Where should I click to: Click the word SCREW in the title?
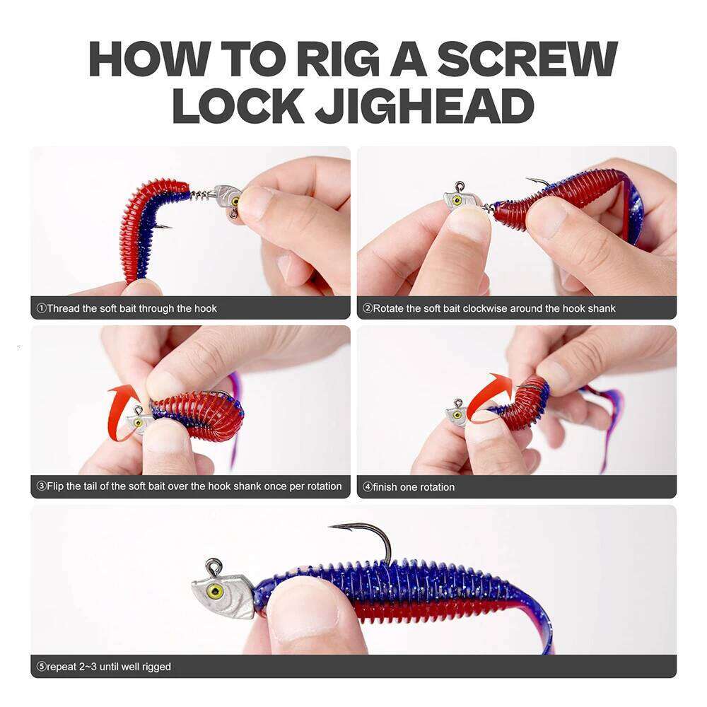click(527, 59)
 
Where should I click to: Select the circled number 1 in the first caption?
click(41, 308)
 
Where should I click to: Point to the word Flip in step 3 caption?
click(58, 486)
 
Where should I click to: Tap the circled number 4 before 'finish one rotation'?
click(368, 487)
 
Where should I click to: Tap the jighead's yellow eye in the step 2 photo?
click(457, 201)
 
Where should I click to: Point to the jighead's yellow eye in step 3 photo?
click(139, 423)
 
